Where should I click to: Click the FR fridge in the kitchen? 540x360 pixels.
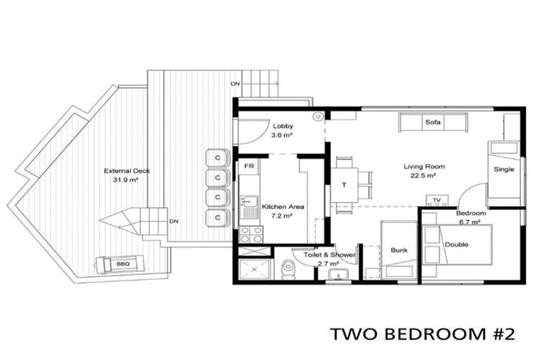coord(248,167)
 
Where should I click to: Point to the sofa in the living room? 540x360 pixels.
coord(432,123)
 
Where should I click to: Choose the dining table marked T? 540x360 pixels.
coord(345,186)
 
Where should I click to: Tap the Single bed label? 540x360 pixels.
coord(503,169)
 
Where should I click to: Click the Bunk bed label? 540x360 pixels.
coord(399,249)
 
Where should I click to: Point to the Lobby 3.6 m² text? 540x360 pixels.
coord(284,131)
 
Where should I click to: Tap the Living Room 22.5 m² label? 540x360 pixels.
coord(424,171)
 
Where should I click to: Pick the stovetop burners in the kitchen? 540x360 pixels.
coord(251,234)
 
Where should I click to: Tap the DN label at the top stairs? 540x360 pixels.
coord(235,84)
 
